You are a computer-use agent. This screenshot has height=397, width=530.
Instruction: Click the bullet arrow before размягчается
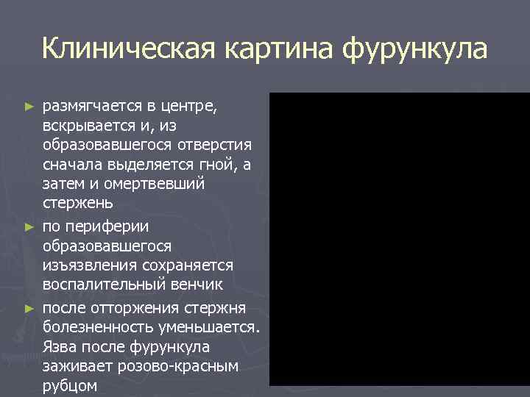pos(29,107)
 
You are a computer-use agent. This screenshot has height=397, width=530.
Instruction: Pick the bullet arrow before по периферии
pos(29,226)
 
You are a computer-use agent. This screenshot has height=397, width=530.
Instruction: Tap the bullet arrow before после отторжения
pos(29,307)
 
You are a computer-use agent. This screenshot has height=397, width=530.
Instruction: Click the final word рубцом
pos(70,385)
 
